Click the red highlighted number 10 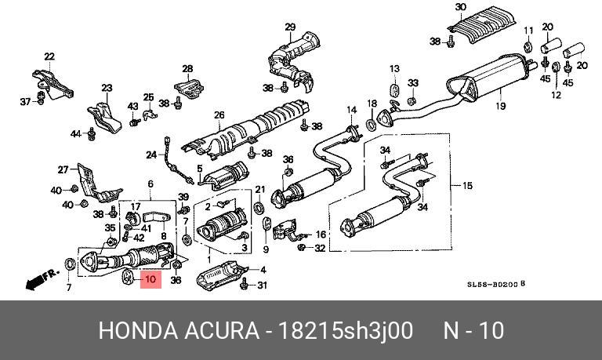point(150,278)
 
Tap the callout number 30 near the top point(460,8)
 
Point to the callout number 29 point(289,27)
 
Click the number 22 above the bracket point(49,56)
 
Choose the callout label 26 point(219,115)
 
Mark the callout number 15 point(468,186)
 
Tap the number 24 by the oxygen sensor point(151,155)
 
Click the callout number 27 point(63,169)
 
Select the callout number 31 point(262,285)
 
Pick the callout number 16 point(320,235)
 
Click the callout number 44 point(75,133)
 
